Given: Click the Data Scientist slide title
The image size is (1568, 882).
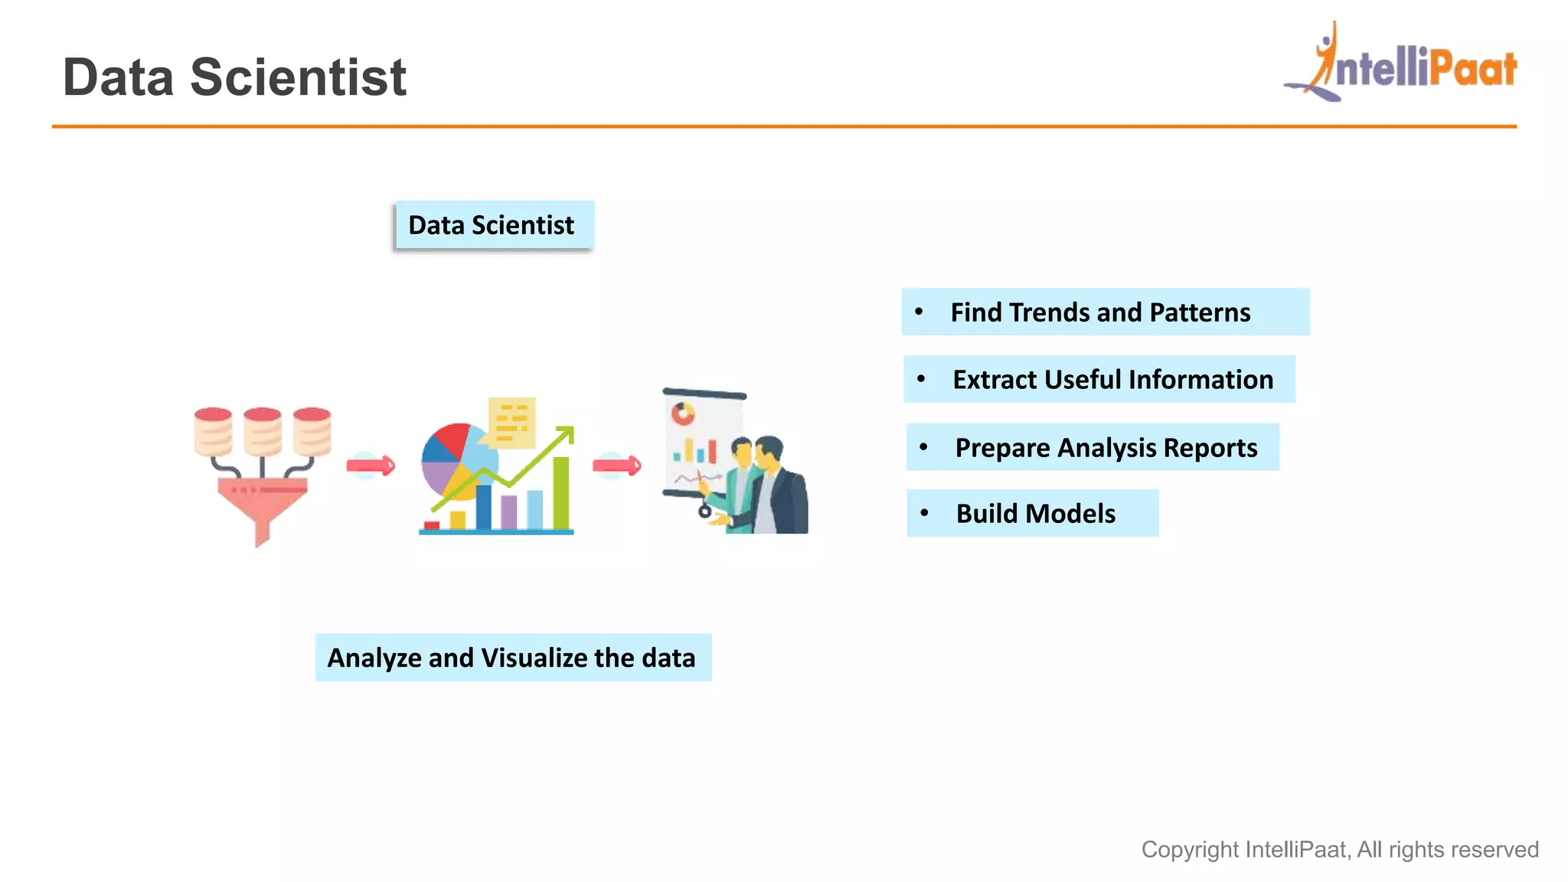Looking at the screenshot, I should [x=234, y=77].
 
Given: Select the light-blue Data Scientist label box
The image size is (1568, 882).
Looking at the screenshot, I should [x=492, y=225].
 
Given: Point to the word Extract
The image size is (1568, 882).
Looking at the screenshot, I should [x=994, y=380].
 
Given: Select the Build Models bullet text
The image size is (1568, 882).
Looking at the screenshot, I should [x=1035, y=514].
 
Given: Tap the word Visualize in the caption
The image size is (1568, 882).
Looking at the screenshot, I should [x=534, y=658].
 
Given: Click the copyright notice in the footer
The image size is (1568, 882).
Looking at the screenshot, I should [x=1339, y=849].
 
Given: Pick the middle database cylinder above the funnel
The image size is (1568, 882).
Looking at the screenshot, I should [x=263, y=431].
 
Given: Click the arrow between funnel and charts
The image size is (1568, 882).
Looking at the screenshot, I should [x=371, y=465].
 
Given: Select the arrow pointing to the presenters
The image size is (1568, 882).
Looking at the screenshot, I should [x=617, y=465].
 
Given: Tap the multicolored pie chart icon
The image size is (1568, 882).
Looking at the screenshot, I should [x=456, y=460].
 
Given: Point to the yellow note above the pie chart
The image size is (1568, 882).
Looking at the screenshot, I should [x=511, y=422].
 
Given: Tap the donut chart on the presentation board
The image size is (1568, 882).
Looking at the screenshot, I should [x=683, y=414].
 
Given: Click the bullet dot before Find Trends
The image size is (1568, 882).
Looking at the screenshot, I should [x=919, y=312].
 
